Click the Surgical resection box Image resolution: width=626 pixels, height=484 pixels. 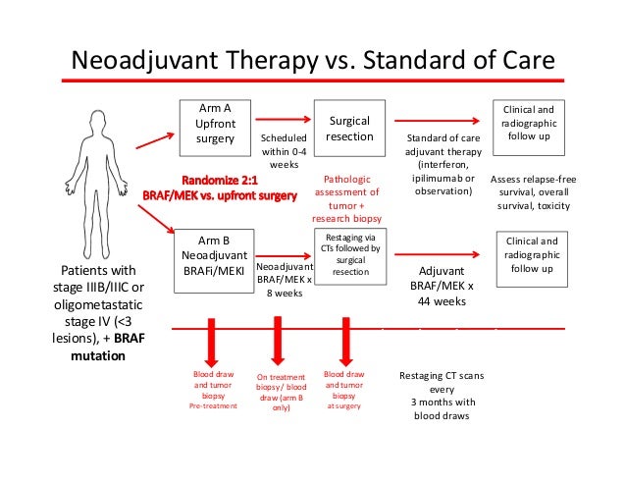348,128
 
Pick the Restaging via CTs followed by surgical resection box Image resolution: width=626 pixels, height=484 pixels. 348,254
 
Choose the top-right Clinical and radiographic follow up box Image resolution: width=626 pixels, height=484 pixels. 534,124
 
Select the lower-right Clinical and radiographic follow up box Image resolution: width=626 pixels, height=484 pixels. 534,254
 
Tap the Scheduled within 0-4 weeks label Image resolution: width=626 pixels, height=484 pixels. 284,151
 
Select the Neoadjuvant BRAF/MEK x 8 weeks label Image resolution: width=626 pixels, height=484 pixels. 284,279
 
